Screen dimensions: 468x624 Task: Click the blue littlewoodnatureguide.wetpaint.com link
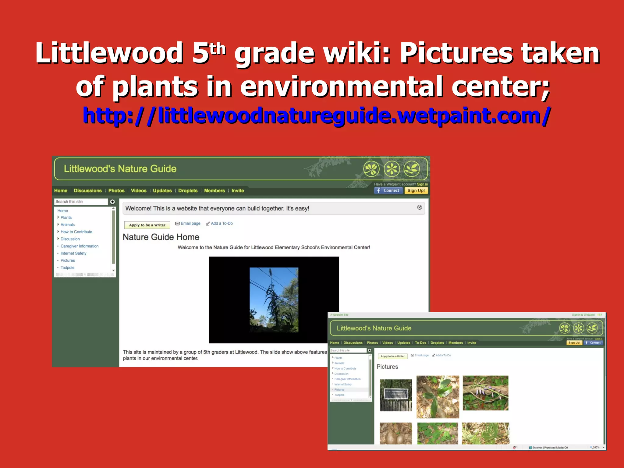(x=317, y=116)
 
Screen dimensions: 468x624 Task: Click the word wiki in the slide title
(x=356, y=53)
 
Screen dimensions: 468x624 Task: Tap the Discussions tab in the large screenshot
(x=88, y=191)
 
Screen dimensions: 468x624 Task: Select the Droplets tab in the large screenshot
(x=188, y=191)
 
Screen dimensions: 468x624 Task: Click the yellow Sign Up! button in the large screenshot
(x=416, y=191)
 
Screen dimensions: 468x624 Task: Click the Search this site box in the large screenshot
(x=81, y=202)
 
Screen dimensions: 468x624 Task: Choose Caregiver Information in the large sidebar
(x=80, y=246)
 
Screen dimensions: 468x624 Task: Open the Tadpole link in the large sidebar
(x=67, y=268)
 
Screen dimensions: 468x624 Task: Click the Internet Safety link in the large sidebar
(x=73, y=253)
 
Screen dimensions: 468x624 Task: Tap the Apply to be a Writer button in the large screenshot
(x=147, y=225)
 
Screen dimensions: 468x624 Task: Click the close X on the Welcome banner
(x=420, y=207)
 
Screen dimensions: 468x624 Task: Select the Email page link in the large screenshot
(x=190, y=223)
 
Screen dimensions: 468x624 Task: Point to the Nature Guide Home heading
(x=161, y=237)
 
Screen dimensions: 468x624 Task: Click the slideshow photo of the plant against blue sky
(x=274, y=300)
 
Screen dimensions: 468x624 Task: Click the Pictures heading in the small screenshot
(x=387, y=367)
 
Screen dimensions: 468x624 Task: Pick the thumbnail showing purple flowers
(x=485, y=393)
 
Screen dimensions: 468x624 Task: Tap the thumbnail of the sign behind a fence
(x=396, y=395)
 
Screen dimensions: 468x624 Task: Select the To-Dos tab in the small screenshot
(x=420, y=343)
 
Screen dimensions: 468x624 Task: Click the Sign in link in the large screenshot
(x=422, y=184)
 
